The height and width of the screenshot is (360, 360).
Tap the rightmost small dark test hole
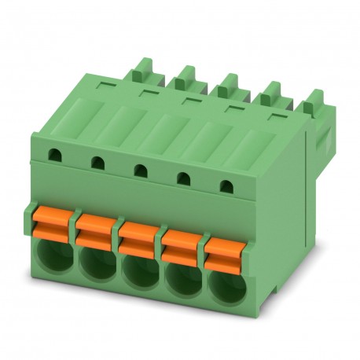(226, 186)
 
